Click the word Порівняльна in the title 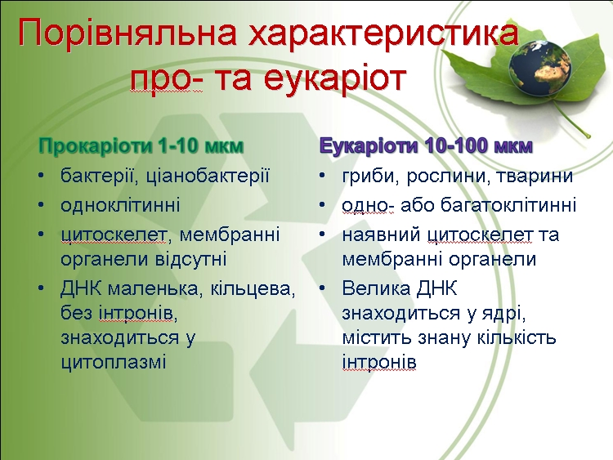tap(127, 32)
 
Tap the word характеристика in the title tap(383, 32)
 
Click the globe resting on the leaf tap(539, 68)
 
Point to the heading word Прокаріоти tap(96, 145)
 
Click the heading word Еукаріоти tap(369, 145)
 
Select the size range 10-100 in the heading tap(456, 145)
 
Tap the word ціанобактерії tap(208, 176)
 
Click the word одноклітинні tap(120, 205)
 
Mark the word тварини tap(535, 176)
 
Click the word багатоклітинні tap(508, 205)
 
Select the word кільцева tap(253, 288)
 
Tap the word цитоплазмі tap(114, 362)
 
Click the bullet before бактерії tap(42, 176)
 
